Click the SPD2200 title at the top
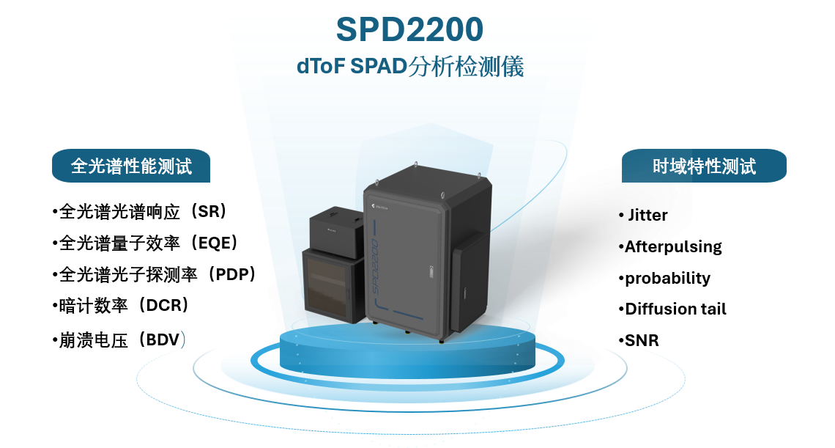pyautogui.click(x=409, y=29)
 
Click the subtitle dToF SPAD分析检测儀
pyautogui.click(x=410, y=67)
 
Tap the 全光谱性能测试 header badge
pyautogui.click(x=131, y=166)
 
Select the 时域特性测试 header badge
pyautogui.click(x=704, y=166)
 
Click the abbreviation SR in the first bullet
pyautogui.click(x=208, y=212)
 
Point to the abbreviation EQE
pyautogui.click(x=214, y=243)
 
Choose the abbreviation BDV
pyautogui.click(x=163, y=339)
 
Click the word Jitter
pyautogui.click(x=647, y=215)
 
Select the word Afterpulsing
pyautogui.click(x=673, y=247)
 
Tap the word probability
pyautogui.click(x=667, y=279)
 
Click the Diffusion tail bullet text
pyautogui.click(x=675, y=309)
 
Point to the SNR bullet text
pyautogui.click(x=642, y=340)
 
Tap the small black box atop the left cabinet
pyautogui.click(x=336, y=228)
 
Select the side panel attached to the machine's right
pyautogui.click(x=470, y=283)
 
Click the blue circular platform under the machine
pyautogui.click(x=407, y=352)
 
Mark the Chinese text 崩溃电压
pyautogui.click(x=93, y=340)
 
